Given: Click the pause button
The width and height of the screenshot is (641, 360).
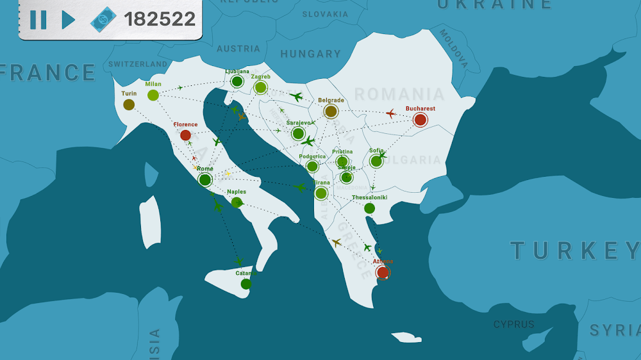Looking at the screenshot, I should coord(38,19).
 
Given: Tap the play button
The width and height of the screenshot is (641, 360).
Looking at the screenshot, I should coord(68,19).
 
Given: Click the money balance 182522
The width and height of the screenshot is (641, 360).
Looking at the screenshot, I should coord(160,19).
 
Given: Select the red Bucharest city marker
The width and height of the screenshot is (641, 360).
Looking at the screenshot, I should coord(420,120).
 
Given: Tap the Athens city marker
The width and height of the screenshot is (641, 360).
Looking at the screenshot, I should coord(383,272).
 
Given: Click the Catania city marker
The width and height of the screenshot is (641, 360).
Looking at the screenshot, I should coord(246,284).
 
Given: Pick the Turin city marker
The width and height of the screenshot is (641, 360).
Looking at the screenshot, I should coord(129,104).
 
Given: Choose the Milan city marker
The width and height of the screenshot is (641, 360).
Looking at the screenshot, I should coord(153,95).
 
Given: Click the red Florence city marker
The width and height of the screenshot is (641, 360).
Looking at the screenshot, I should coord(185,135).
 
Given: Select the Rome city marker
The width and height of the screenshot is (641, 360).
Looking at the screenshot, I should coord(205,179).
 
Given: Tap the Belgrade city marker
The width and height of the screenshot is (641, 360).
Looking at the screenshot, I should coord(331,111).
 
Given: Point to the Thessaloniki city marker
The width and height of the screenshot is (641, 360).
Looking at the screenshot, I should coord(369,208).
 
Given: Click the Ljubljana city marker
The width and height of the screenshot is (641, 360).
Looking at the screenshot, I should coord(237,81).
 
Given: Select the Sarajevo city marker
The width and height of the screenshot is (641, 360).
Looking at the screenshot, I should coord(298,133).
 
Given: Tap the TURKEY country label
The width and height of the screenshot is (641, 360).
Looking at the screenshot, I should coord(574,250).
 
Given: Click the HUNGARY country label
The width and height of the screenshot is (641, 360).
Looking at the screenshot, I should coord(310,54).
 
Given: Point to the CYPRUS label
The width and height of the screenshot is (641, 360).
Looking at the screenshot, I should coord(513,324).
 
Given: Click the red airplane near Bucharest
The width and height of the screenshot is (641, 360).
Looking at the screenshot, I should coord(391,114).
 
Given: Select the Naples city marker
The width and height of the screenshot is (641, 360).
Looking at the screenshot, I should coord(237,202).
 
